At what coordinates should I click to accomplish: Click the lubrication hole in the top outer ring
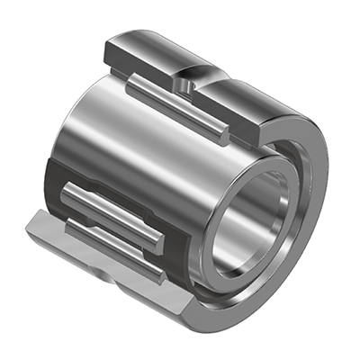[184, 83]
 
